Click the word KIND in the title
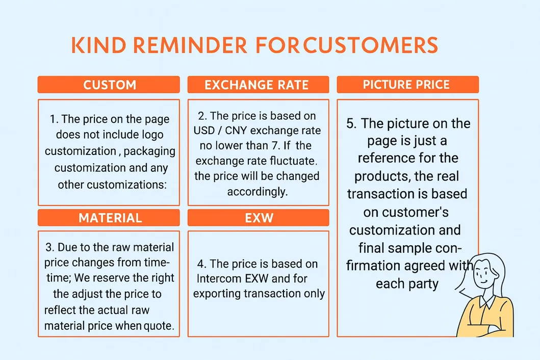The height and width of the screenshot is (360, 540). (99, 45)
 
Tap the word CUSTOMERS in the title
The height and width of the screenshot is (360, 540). (371, 45)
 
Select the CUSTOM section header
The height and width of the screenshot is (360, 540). (109, 85)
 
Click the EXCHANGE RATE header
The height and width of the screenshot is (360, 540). (259, 85)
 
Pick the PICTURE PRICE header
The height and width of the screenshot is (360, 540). (408, 85)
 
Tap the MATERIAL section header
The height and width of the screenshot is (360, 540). (109, 218)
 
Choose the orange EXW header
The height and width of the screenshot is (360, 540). (259, 218)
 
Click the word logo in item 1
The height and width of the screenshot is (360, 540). (152, 135)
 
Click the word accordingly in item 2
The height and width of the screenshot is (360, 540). (258, 192)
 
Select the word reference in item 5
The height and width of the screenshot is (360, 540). (383, 158)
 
